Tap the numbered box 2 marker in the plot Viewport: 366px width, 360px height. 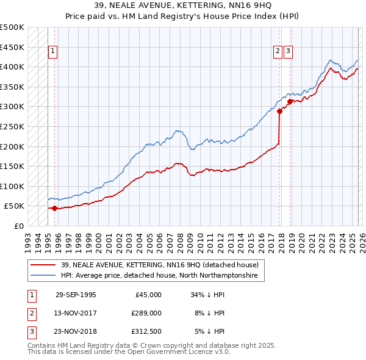[x=278, y=52]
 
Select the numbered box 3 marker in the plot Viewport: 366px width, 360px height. [x=288, y=52]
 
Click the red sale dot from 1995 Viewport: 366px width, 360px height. [x=55, y=208]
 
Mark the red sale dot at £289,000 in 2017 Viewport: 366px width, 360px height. [x=279, y=111]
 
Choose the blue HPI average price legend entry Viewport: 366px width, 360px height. [x=159, y=276]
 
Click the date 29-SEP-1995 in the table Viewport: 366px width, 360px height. [x=76, y=295]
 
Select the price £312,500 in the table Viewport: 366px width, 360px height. [x=146, y=331]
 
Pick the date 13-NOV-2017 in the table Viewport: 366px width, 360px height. [x=76, y=313]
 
